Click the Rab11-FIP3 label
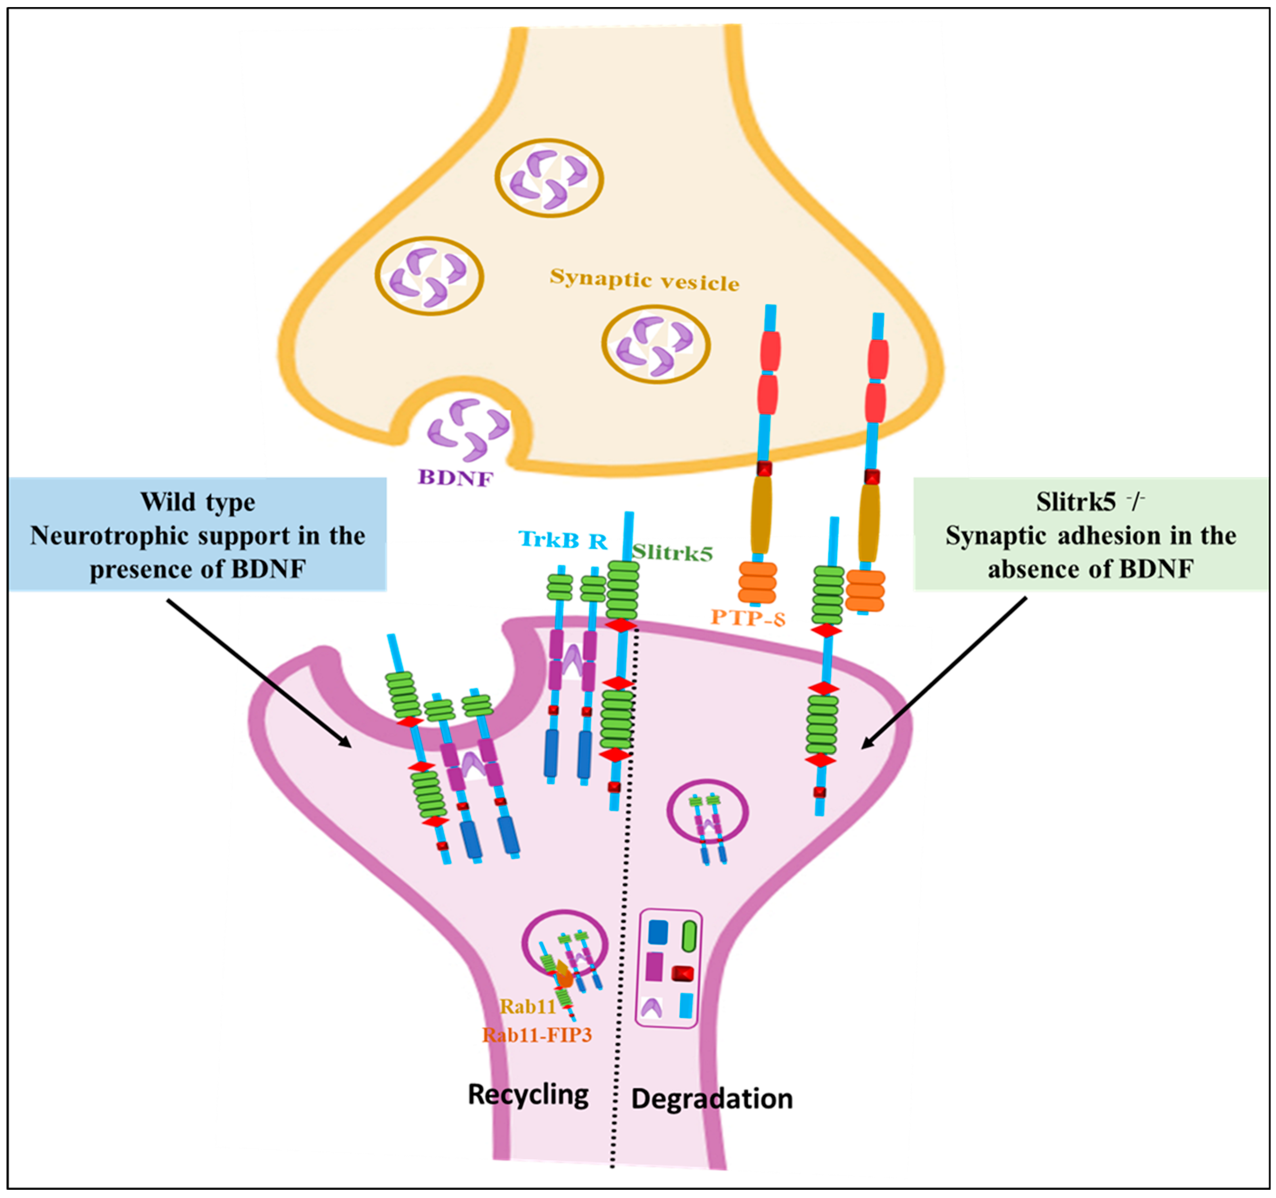coord(537,1035)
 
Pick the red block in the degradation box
coord(682,974)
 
